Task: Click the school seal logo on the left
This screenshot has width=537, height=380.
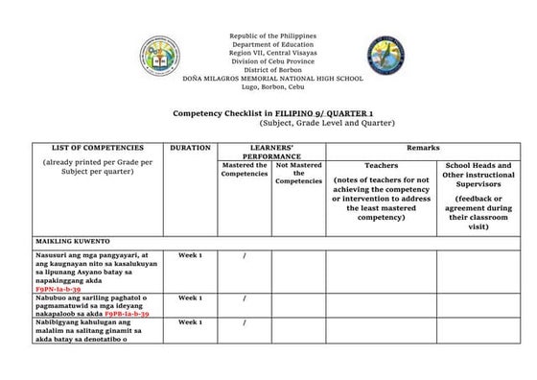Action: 159,58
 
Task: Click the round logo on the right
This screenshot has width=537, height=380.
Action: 385,58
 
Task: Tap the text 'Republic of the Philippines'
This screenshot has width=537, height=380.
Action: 272,36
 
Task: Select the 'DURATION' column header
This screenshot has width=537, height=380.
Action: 190,148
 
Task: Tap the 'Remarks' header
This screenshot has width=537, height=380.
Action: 423,148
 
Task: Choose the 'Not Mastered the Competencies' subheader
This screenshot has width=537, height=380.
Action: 298,173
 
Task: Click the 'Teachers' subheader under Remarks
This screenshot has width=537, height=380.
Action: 381,166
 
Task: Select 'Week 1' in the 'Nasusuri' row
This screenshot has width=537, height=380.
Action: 190,255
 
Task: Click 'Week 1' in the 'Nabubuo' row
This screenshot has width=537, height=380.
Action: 190,297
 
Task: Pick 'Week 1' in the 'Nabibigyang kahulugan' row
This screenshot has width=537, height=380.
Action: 190,322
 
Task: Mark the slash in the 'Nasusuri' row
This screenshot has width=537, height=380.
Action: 245,255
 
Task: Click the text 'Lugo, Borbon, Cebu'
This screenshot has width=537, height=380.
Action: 272,85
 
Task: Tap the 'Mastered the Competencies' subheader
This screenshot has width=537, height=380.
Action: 245,170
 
